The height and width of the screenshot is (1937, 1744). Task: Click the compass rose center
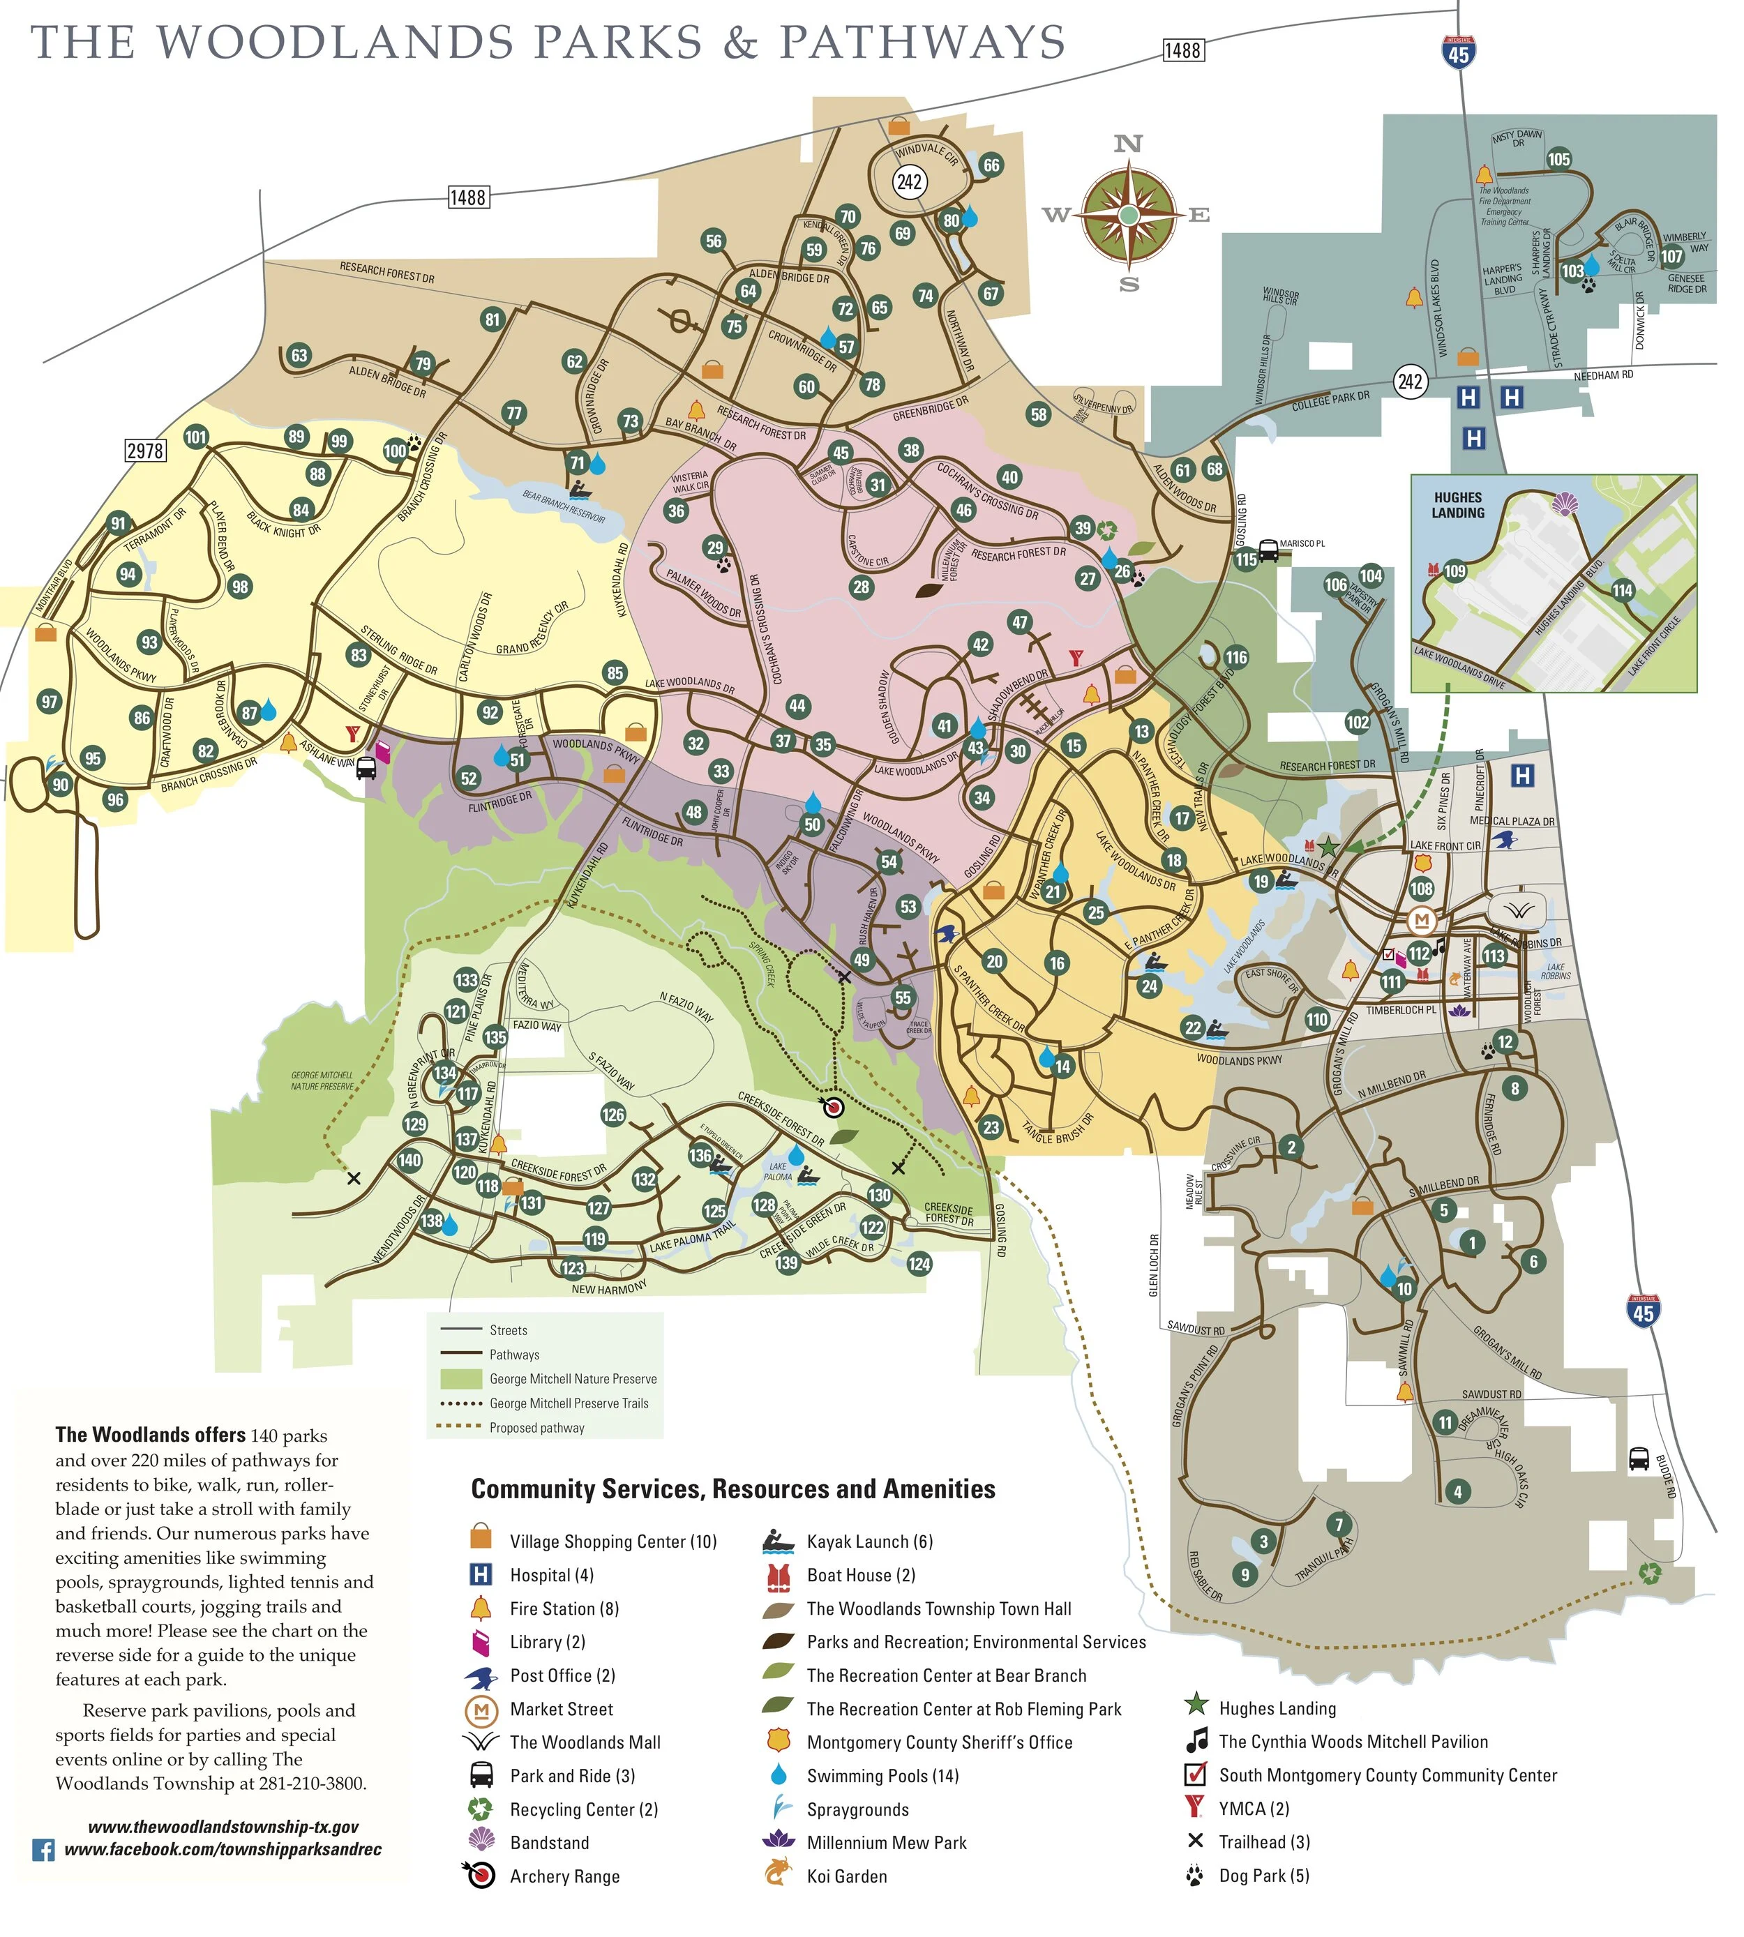pyautogui.click(x=1129, y=216)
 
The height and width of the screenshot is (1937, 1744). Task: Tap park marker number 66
pyautogui.click(x=991, y=165)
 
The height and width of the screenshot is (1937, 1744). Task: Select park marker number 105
pyautogui.click(x=1558, y=159)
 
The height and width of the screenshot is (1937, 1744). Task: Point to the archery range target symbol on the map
pyautogui.click(x=833, y=1108)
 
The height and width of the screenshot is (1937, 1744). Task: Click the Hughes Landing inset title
pyautogui.click(x=1457, y=505)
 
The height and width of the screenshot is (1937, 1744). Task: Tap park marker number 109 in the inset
pyautogui.click(x=1454, y=572)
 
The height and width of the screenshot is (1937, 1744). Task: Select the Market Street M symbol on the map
pyautogui.click(x=1421, y=921)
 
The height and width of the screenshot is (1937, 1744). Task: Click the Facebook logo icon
pyautogui.click(x=43, y=1850)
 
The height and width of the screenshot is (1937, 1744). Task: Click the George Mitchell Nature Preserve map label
pyautogui.click(x=322, y=1080)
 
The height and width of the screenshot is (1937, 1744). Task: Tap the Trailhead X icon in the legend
pyautogui.click(x=1195, y=1840)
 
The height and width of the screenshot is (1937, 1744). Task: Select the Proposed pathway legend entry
pyautogui.click(x=536, y=1427)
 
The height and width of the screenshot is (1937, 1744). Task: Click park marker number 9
pyautogui.click(x=1244, y=1573)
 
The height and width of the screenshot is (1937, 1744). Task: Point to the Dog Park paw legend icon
pyautogui.click(x=1194, y=1875)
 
